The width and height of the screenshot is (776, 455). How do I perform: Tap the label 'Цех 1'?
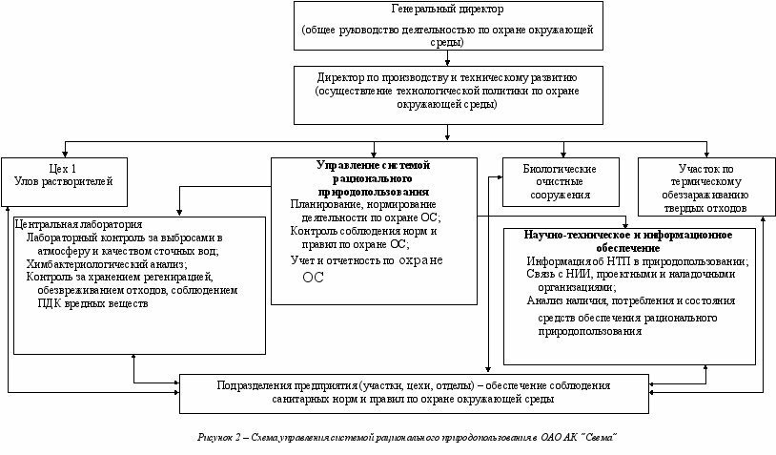click(x=64, y=167)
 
